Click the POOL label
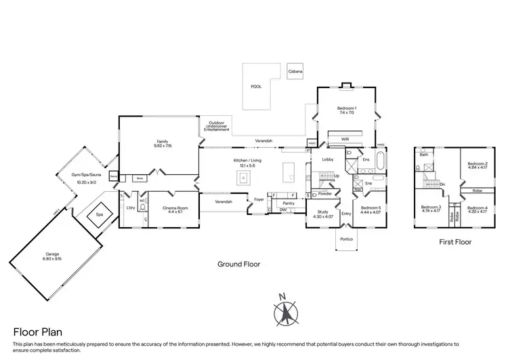[x=255, y=87]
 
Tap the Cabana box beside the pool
[x=295, y=71]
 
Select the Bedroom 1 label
[x=347, y=108]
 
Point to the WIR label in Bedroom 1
[x=345, y=140]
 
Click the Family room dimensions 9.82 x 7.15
[x=163, y=146]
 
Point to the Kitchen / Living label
[x=247, y=160]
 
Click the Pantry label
[x=288, y=203]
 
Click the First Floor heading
[x=454, y=241]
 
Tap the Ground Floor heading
[x=238, y=264]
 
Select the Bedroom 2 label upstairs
[x=478, y=163]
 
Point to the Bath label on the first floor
[x=424, y=155]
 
